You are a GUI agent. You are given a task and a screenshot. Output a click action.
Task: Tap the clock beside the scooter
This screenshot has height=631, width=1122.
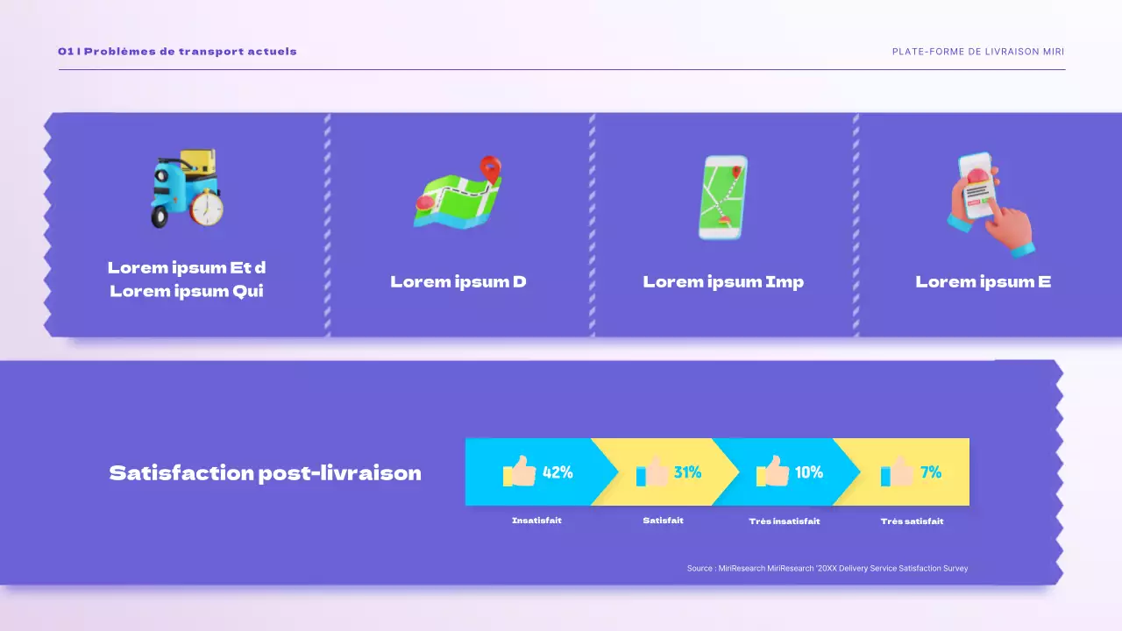pyautogui.click(x=207, y=209)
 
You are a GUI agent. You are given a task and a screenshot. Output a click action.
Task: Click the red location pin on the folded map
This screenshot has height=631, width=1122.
pyautogui.click(x=491, y=168)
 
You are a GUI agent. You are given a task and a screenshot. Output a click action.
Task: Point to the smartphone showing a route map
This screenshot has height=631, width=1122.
pyautogui.click(x=723, y=197)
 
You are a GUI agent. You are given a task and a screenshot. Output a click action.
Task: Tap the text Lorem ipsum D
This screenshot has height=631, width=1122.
pyautogui.click(x=458, y=281)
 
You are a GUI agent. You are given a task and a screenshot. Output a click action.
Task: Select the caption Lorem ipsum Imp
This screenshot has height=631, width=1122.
pyautogui.click(x=723, y=281)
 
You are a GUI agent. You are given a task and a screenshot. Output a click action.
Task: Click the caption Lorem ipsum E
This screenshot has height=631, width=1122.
pyautogui.click(x=983, y=281)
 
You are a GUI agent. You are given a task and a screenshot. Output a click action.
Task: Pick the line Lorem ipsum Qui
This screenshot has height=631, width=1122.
pyautogui.click(x=187, y=291)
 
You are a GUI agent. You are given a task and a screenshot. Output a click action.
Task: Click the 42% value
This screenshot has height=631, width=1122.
pyautogui.click(x=557, y=472)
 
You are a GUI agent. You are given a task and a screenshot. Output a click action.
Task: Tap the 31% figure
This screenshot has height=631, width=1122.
pyautogui.click(x=687, y=472)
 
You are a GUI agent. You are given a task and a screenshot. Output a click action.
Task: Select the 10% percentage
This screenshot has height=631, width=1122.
pyautogui.click(x=808, y=472)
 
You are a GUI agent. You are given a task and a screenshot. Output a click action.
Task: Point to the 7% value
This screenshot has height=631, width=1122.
pyautogui.click(x=931, y=472)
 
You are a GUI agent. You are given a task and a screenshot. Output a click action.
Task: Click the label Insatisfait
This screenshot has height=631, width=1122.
pyautogui.click(x=536, y=521)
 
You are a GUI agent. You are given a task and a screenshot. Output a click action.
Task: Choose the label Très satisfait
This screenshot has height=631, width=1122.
pyautogui.click(x=912, y=521)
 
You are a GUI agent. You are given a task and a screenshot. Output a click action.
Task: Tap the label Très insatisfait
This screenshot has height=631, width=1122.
pyautogui.click(x=785, y=521)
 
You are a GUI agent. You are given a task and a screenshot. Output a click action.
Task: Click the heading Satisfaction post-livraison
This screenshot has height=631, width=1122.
pyautogui.click(x=265, y=473)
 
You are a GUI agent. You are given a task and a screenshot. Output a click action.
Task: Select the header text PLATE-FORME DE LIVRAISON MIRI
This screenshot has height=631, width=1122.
pyautogui.click(x=978, y=52)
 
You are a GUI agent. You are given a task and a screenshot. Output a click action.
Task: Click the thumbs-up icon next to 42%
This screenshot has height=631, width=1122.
pyautogui.click(x=520, y=471)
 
